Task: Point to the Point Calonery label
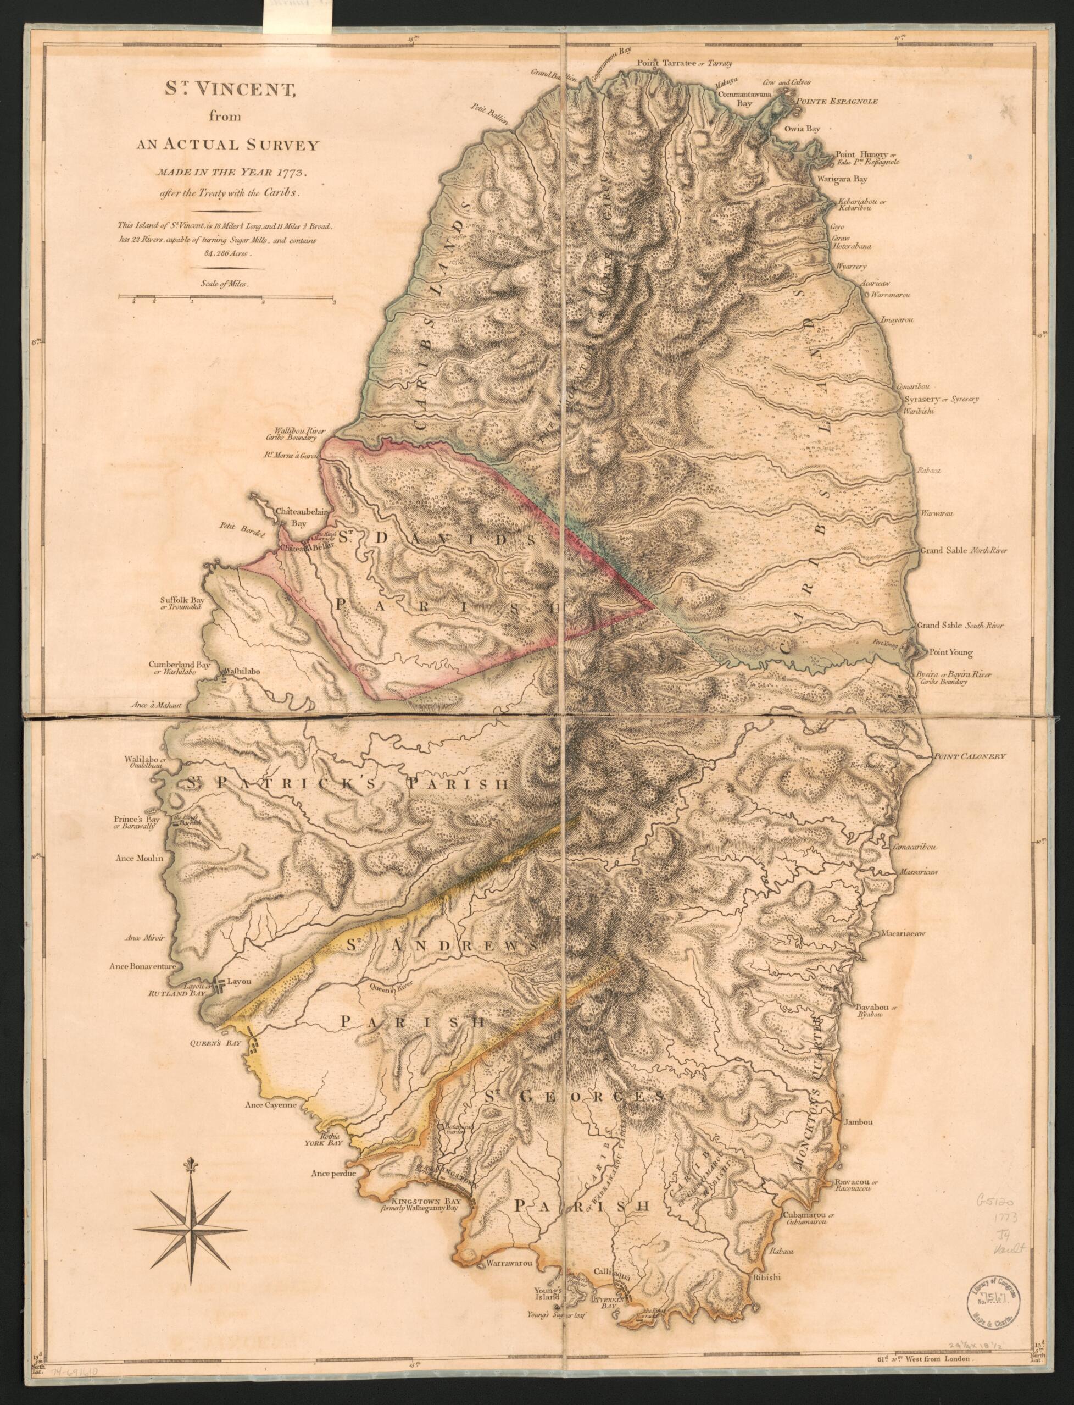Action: [x=970, y=756]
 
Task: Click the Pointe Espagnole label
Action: [x=836, y=101]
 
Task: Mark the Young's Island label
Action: [x=548, y=1288]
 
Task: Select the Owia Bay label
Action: [x=804, y=129]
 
